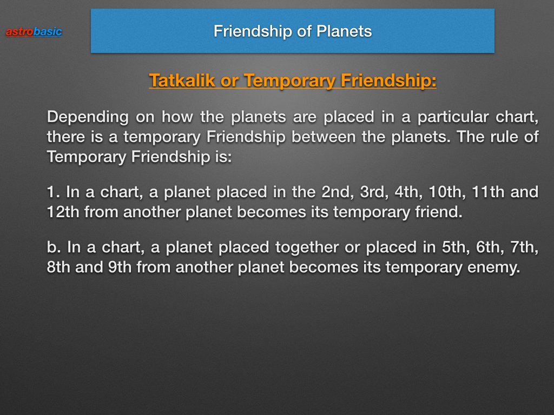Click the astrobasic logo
(x=34, y=32)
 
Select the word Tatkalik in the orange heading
(x=182, y=80)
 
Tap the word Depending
(x=88, y=117)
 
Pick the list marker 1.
(x=54, y=192)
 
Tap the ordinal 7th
(x=524, y=247)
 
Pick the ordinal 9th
(x=120, y=267)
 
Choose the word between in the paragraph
(x=323, y=137)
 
